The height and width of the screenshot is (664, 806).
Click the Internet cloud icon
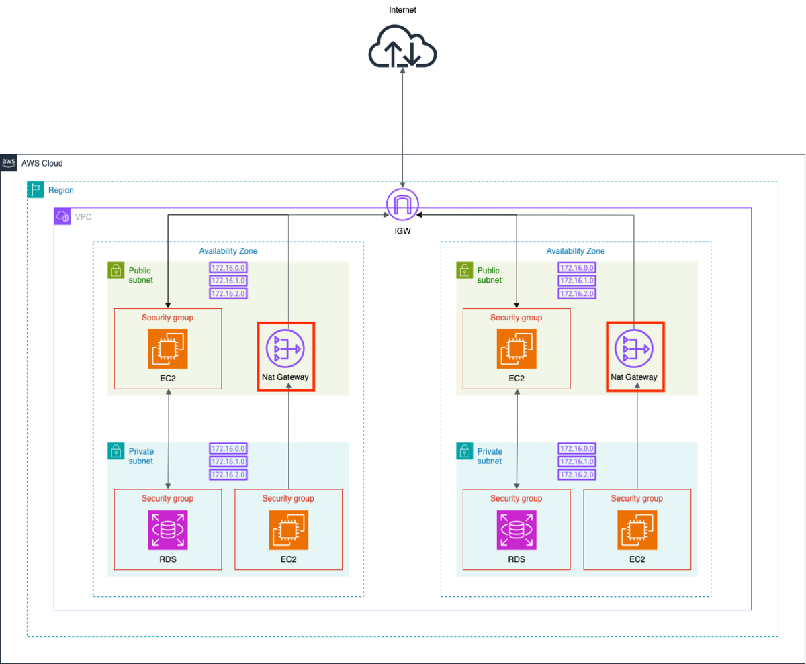[402, 46]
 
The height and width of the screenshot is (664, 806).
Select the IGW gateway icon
[402, 204]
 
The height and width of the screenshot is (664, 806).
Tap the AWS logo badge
[9, 163]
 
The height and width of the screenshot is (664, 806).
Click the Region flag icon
[36, 189]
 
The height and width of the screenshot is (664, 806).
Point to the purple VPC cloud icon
[62, 216]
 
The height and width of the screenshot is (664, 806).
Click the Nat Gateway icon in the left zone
[285, 348]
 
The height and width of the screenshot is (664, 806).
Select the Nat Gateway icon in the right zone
[634, 348]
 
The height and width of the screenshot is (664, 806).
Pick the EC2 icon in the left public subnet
[168, 348]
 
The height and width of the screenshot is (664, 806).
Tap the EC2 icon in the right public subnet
[517, 348]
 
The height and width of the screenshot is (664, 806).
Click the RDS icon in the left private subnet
[168, 530]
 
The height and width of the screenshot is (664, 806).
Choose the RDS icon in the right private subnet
[517, 530]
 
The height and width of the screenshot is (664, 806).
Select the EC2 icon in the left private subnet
[288, 530]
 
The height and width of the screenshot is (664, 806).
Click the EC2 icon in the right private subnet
[637, 530]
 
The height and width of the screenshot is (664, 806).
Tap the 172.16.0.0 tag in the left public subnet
[228, 267]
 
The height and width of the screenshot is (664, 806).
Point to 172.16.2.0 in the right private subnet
[577, 475]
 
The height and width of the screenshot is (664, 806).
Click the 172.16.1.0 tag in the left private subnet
[228, 461]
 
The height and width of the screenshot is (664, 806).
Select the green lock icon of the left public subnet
[116, 270]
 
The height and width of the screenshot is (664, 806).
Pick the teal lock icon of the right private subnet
[464, 451]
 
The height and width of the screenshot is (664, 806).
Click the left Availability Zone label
[228, 251]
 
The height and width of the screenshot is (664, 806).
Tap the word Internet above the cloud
[402, 10]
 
